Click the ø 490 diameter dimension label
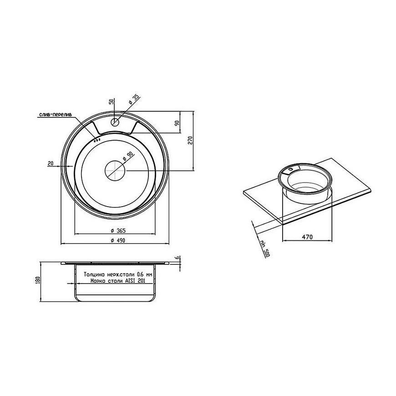click(x=118, y=240)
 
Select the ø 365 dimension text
click(x=118, y=230)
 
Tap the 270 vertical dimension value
click(x=190, y=140)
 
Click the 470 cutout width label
click(x=307, y=237)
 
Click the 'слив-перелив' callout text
click(x=56, y=115)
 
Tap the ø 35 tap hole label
click(x=134, y=99)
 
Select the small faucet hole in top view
click(x=115, y=122)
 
